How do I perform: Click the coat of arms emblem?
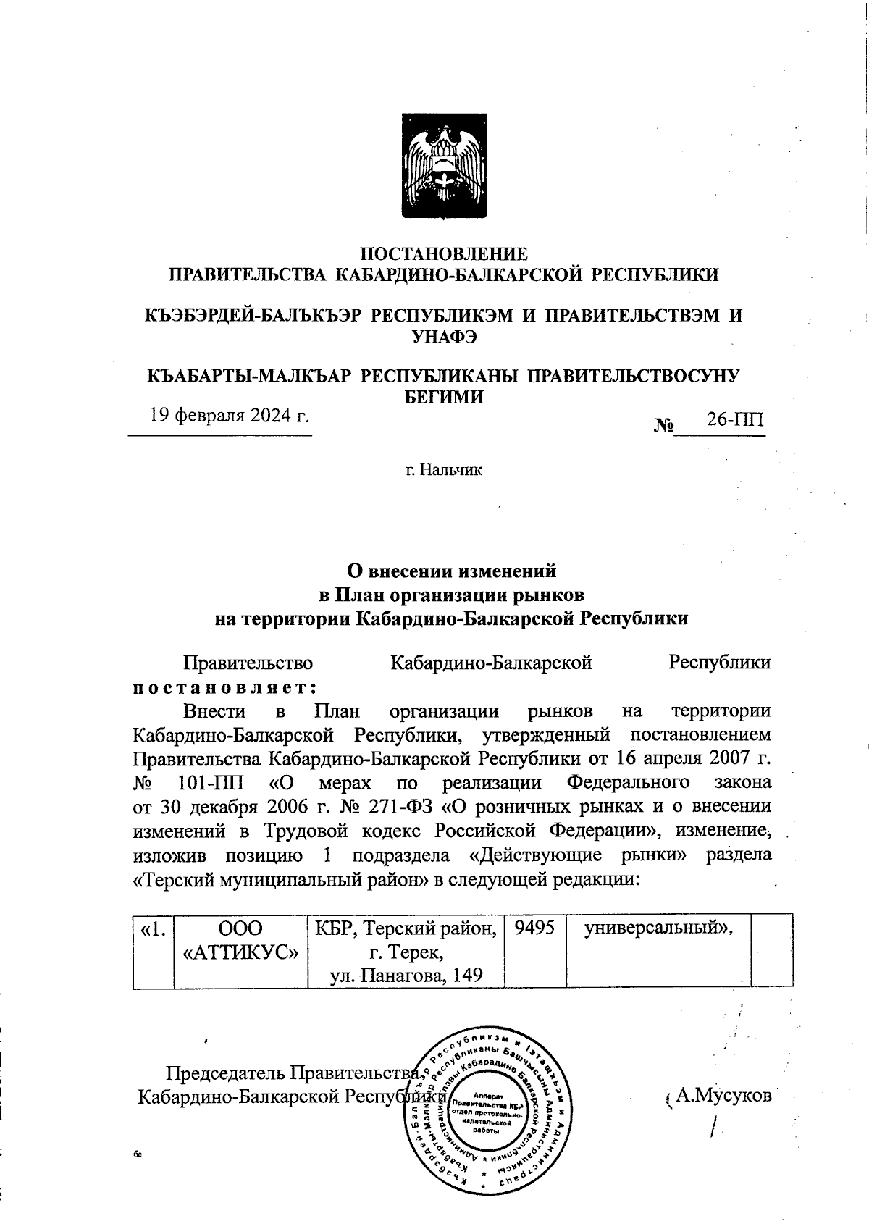443,166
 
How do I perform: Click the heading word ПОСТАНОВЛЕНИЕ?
444,254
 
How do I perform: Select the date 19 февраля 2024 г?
230,416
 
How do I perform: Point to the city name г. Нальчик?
443,471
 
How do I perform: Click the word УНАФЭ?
443,335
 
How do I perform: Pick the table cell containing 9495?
534,928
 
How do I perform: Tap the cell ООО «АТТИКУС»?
241,939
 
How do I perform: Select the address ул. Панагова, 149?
406,975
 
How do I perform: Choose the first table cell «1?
153,928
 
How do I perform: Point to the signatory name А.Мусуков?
723,1095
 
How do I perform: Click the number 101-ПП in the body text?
210,783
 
